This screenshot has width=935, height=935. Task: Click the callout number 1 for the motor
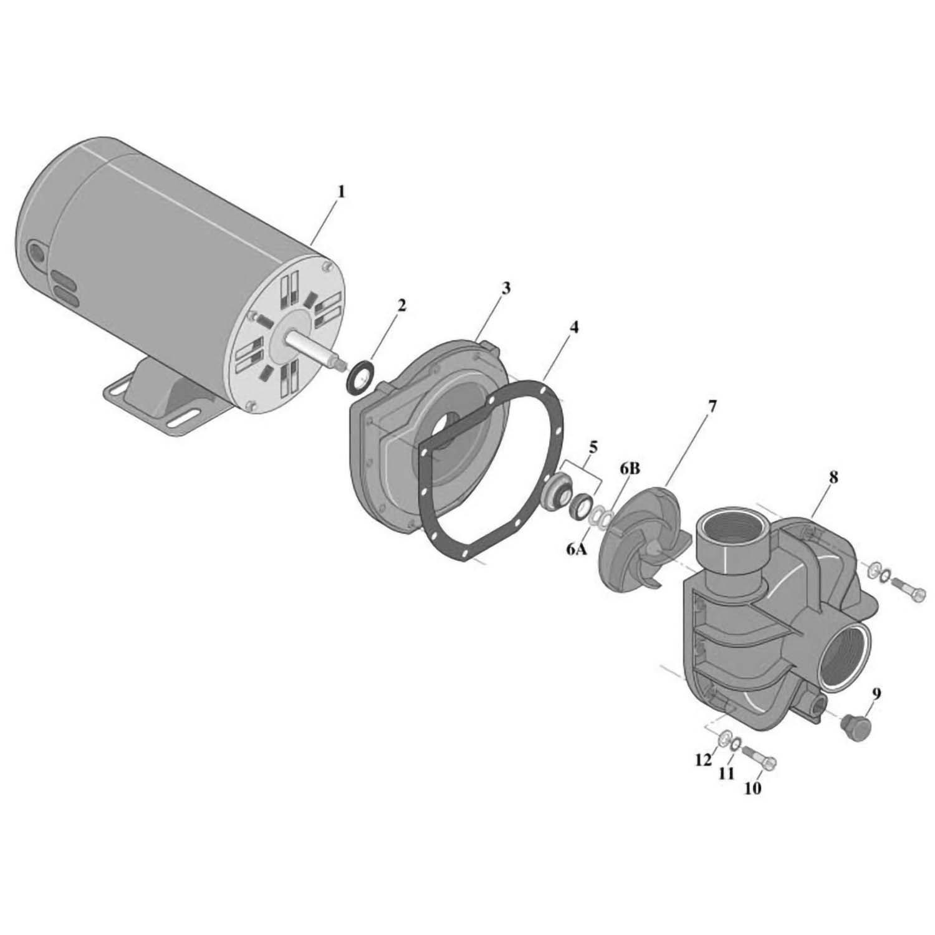[x=340, y=191]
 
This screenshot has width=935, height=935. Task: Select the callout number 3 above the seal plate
[x=506, y=288]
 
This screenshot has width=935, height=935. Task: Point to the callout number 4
[x=573, y=327]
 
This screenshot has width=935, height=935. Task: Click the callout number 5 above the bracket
[x=593, y=447]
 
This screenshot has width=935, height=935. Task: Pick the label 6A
[x=577, y=549]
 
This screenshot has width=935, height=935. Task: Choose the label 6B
[x=630, y=469]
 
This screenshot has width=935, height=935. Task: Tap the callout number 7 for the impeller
[x=712, y=408]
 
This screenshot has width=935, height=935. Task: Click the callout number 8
[x=833, y=477]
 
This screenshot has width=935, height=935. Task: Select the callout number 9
[x=876, y=693]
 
